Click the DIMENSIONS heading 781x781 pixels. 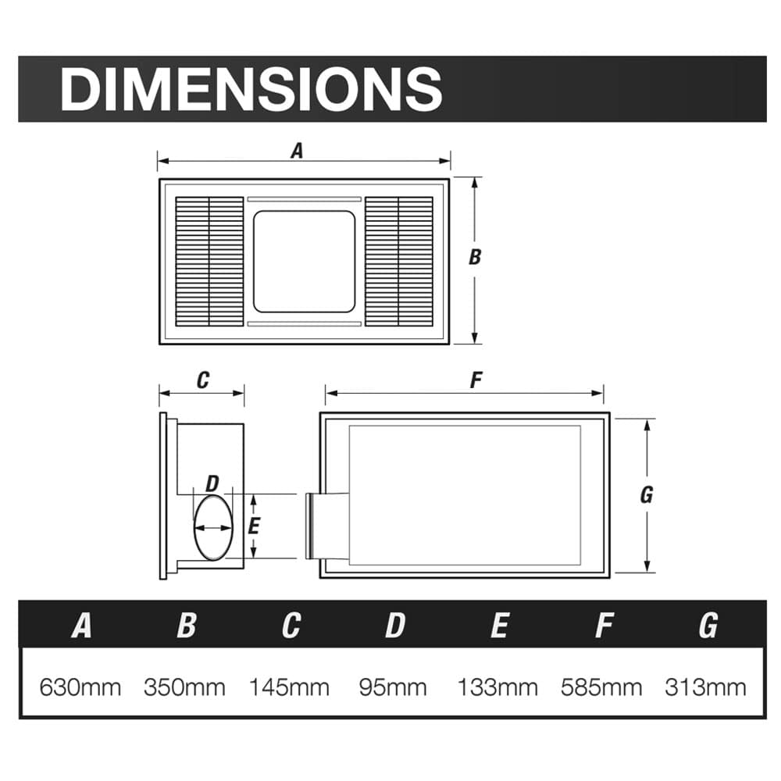(251, 90)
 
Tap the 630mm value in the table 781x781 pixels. (80, 687)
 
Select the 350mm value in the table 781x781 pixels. (184, 687)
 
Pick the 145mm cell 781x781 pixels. (289, 687)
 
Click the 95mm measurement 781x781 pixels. (393, 687)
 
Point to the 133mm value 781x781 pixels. (497, 687)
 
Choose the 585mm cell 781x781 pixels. (601, 687)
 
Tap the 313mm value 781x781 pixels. (705, 687)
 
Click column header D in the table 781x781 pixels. (395, 626)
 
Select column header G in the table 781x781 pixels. (708, 626)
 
